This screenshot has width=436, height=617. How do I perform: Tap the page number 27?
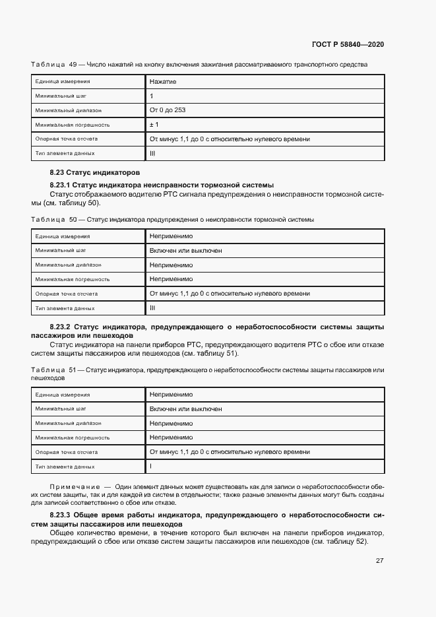click(x=379, y=561)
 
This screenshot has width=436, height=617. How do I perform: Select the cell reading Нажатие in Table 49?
click(x=163, y=81)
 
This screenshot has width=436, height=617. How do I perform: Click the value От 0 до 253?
click(x=168, y=110)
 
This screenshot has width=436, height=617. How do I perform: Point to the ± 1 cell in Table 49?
click(x=154, y=125)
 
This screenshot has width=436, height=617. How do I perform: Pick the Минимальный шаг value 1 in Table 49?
click(x=152, y=96)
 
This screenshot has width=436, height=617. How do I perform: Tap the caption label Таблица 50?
click(x=54, y=219)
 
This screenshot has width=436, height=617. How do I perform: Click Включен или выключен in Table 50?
click(x=185, y=251)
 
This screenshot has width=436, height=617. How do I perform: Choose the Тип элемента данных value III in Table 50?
click(x=152, y=308)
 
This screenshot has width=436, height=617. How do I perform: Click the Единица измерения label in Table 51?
click(x=63, y=395)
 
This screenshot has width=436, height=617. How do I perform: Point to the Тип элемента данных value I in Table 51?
click(x=151, y=467)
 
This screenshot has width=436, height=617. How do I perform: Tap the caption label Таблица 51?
click(x=54, y=371)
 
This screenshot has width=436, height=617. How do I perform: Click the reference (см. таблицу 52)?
click(x=342, y=542)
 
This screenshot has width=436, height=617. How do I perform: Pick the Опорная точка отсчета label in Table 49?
click(x=67, y=139)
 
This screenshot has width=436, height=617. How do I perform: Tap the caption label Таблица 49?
click(x=54, y=65)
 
